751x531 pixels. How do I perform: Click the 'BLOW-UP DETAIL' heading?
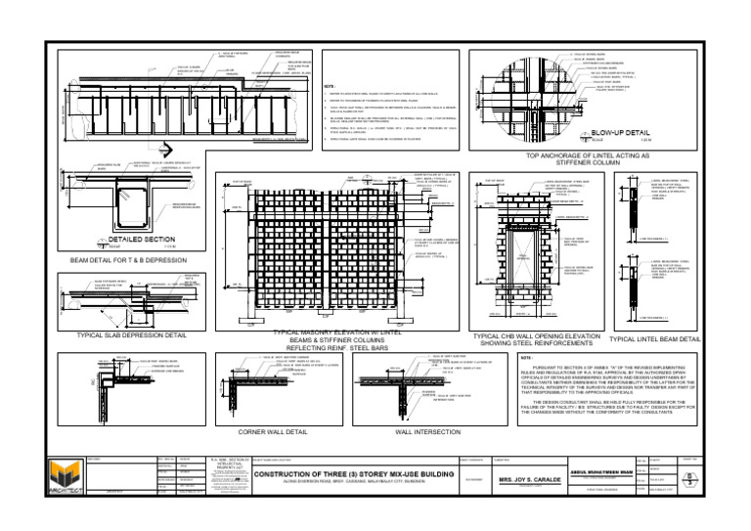pyautogui.click(x=621, y=133)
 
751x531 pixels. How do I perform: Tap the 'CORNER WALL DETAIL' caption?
pyautogui.click(x=280, y=430)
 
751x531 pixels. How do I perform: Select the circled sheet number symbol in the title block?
pyautogui.click(x=693, y=479)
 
